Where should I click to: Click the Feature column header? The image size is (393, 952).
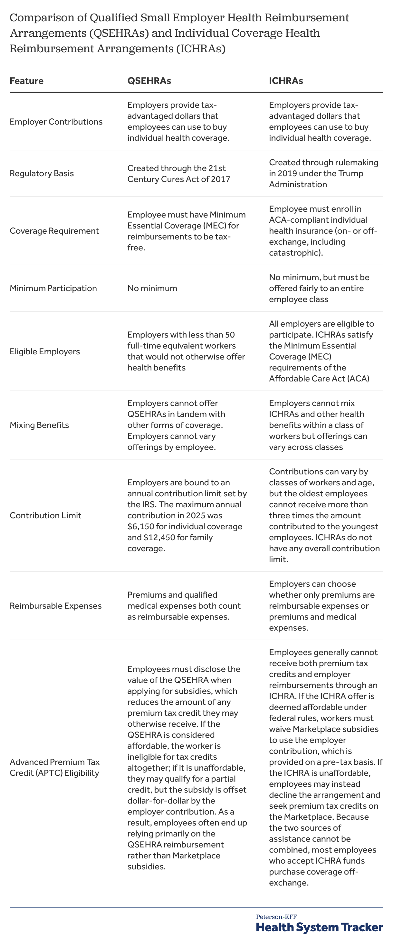pos(26,81)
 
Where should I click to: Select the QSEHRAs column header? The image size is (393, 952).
pos(149,81)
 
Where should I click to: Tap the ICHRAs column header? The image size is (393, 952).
pos(286,81)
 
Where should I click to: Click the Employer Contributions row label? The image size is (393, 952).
pos(56,122)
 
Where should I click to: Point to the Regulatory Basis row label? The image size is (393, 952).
pos(42,173)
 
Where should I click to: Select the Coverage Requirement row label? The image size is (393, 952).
pos(54,231)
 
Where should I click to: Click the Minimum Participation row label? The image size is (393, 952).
pos(53,288)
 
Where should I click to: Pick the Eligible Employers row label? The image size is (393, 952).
pos(45,351)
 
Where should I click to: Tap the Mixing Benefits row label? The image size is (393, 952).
pos(39,425)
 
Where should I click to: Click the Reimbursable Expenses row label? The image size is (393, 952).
pos(55,606)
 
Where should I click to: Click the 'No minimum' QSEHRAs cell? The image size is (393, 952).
pos(152,288)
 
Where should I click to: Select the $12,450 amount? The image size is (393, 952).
pos(159,538)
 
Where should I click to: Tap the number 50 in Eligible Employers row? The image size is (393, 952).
pos(230,335)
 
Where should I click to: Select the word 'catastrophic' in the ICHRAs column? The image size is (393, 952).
pos(293,253)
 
